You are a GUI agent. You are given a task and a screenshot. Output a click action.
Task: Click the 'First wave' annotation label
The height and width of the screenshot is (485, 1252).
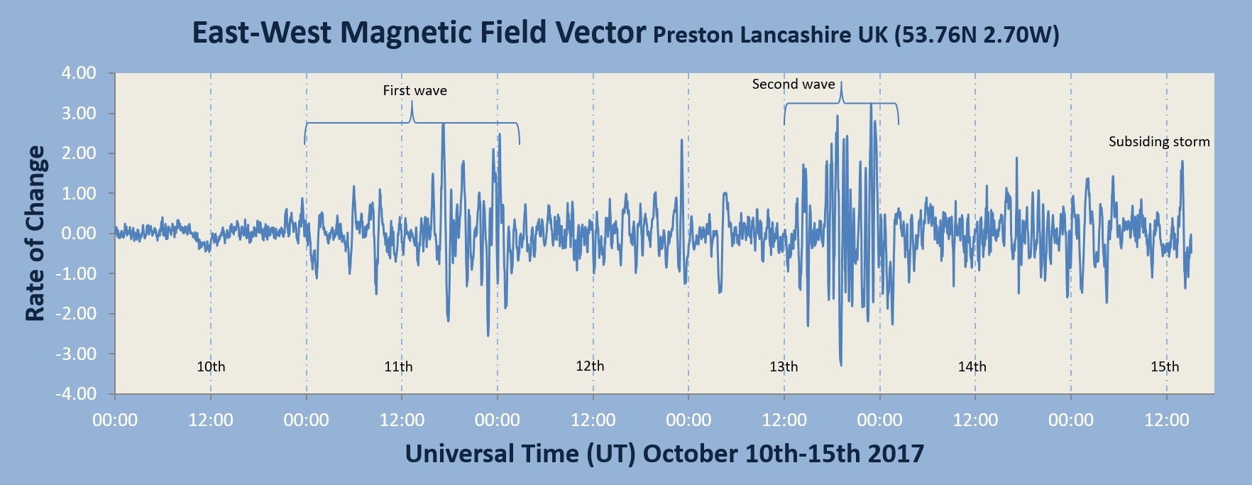point(414,91)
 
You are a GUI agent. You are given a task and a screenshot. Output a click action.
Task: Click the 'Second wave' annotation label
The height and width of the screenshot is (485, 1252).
point(793,85)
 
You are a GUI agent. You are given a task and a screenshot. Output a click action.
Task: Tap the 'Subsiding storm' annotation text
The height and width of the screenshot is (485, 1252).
point(1158,142)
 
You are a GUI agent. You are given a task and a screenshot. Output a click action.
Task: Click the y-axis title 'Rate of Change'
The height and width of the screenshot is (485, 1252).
point(35,234)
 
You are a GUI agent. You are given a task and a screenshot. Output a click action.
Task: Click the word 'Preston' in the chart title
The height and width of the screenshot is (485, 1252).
point(693,36)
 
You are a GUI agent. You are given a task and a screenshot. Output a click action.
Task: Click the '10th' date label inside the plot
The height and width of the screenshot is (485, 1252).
point(211,367)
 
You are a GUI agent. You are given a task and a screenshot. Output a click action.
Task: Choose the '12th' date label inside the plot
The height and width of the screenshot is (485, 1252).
point(590,366)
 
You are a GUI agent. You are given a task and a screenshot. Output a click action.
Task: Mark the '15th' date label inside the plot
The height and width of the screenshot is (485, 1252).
point(1165,367)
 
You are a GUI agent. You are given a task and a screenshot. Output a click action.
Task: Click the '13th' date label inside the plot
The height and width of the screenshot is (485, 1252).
point(784,367)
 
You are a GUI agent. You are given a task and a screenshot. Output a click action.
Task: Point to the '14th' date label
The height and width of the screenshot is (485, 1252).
point(972,367)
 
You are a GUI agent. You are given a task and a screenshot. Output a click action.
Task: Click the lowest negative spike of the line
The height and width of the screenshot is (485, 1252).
point(841,365)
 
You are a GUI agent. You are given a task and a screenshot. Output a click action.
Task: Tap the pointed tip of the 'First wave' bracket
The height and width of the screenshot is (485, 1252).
point(412,102)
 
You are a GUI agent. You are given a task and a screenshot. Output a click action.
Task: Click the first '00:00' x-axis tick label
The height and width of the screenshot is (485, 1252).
point(115,420)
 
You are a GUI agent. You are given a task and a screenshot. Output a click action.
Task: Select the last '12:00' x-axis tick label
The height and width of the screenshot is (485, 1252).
point(1166,420)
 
